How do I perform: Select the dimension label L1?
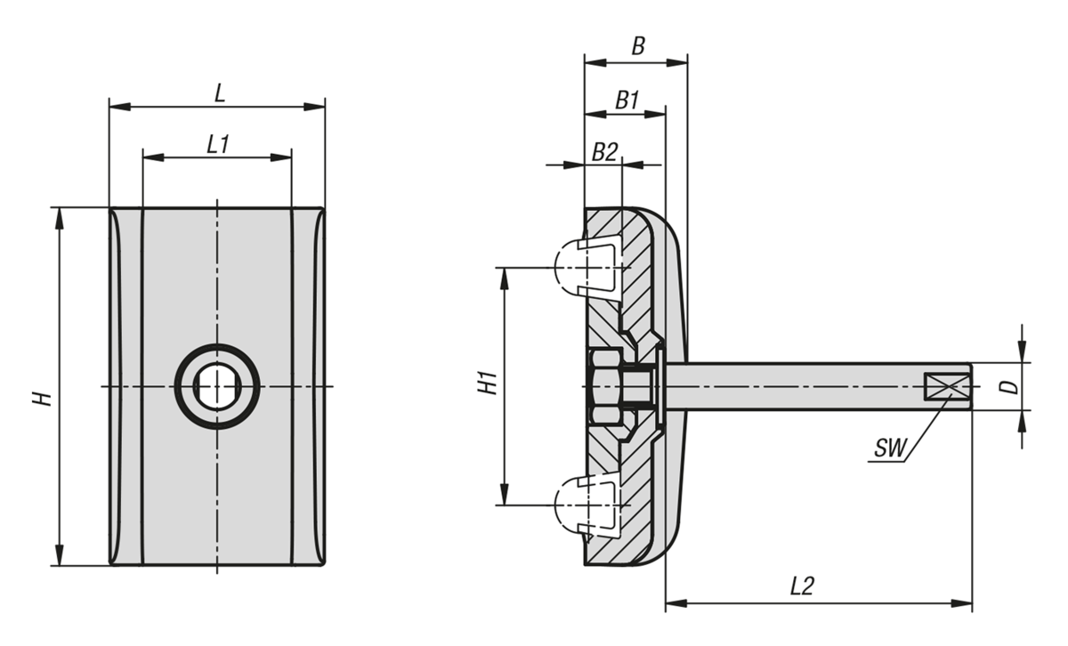click(x=218, y=143)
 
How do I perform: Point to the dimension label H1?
click(x=486, y=385)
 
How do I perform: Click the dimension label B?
click(x=637, y=47)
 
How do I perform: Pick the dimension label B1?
click(x=627, y=100)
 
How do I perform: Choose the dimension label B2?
click(x=604, y=151)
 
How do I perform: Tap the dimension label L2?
click(x=803, y=586)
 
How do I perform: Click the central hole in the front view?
click(x=216, y=387)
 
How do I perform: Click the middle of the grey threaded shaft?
click(x=801, y=386)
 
